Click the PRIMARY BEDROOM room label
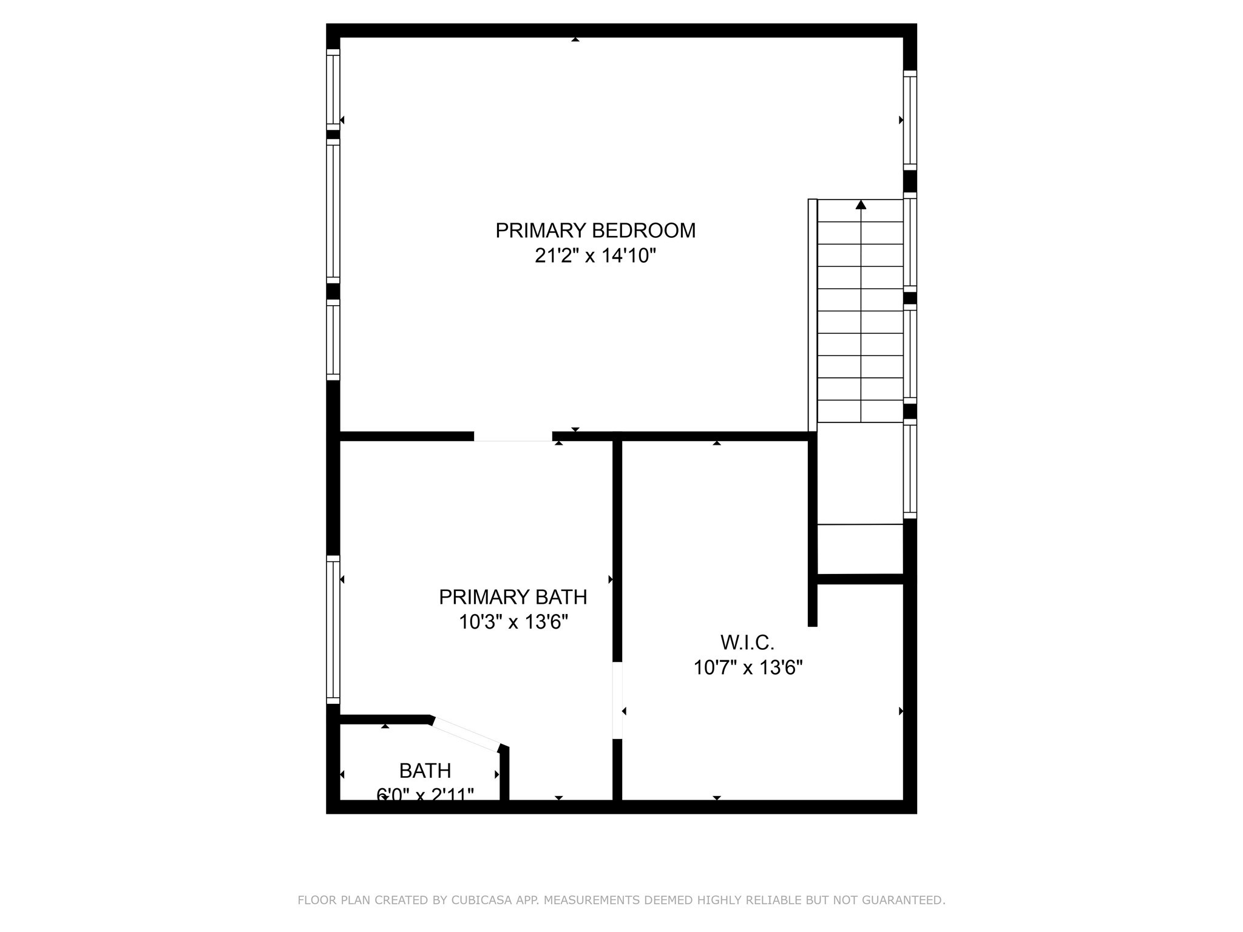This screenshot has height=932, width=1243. coord(595,231)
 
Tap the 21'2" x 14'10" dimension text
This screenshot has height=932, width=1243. coord(595,256)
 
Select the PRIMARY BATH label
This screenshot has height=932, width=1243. coord(513,597)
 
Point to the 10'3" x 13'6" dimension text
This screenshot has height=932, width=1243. coord(513,623)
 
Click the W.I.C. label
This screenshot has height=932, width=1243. coord(747,642)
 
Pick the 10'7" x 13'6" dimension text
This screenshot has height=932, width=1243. coord(748,668)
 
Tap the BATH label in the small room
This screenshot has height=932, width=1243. coord(425,771)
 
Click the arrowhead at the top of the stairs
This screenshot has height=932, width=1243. coord(861,204)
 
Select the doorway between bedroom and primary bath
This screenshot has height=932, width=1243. coord(513,436)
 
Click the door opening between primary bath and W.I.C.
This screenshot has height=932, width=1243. coord(617,700)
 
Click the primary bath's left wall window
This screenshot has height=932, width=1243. coord(333,629)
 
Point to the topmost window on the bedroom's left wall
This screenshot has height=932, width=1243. coord(333,90)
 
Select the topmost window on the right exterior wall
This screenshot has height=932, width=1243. coord(910,120)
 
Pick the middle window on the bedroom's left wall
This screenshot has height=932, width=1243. coord(333,211)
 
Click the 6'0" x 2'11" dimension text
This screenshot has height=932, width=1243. coord(425,794)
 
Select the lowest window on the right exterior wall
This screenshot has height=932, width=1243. coord(910,468)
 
